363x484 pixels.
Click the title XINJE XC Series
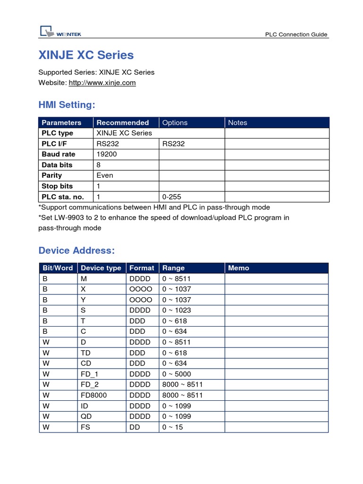86,55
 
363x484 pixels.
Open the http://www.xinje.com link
102,83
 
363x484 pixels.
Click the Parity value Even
104,175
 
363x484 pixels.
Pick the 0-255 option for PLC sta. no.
172,197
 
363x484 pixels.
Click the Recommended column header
122,122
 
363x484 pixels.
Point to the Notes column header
237,122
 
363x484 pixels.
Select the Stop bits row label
57,186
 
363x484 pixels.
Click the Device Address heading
76,250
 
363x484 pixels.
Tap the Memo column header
238,268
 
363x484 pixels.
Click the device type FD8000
94,395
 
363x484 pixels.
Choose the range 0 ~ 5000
176,374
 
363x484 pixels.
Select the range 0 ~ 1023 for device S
176,311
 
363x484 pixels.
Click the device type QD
86,416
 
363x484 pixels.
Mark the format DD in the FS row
134,427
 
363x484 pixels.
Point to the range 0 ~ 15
173,427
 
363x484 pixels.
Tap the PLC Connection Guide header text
296,35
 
